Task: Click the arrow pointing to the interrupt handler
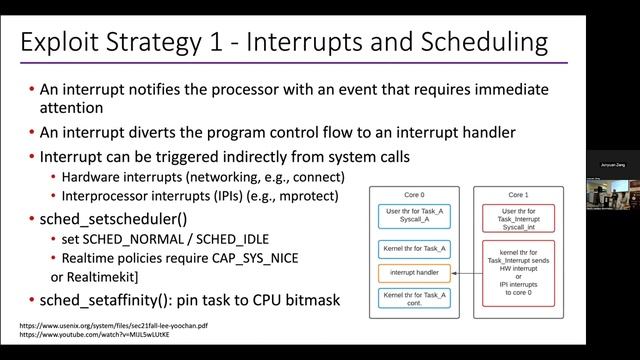(x=466, y=272)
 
